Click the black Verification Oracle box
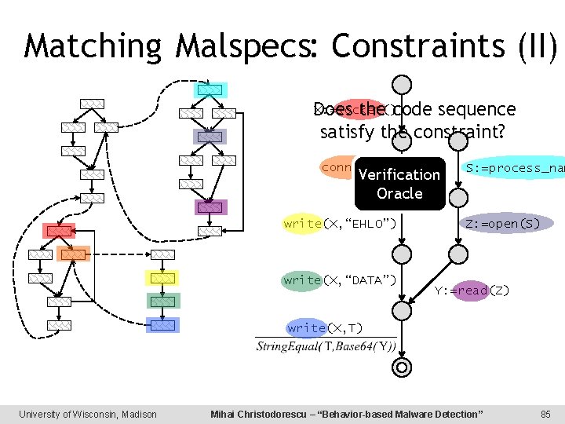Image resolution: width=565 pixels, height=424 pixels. [399, 184]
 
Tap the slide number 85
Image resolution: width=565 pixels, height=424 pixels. [545, 414]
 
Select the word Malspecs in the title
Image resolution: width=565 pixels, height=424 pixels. [248, 46]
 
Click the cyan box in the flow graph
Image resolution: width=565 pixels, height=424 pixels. [210, 90]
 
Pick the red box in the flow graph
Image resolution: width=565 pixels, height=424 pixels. [59, 231]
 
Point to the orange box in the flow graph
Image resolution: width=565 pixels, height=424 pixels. [73, 254]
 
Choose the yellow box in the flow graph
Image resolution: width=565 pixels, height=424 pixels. [162, 277]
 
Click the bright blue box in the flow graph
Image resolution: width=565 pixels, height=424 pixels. [162, 324]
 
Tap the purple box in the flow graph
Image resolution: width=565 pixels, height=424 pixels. [210, 207]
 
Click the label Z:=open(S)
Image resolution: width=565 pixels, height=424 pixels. [502, 224]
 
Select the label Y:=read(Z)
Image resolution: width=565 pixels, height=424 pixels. [472, 291]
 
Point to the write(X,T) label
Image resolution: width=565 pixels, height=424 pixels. [324, 327]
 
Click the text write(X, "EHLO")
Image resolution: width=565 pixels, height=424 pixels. [339, 224]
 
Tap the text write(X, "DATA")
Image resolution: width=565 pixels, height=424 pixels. [339, 280]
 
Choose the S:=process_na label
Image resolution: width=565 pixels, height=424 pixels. [514, 168]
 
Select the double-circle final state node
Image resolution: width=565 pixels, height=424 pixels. [401, 367]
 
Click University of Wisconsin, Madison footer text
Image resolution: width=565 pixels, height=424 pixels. [88, 414]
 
